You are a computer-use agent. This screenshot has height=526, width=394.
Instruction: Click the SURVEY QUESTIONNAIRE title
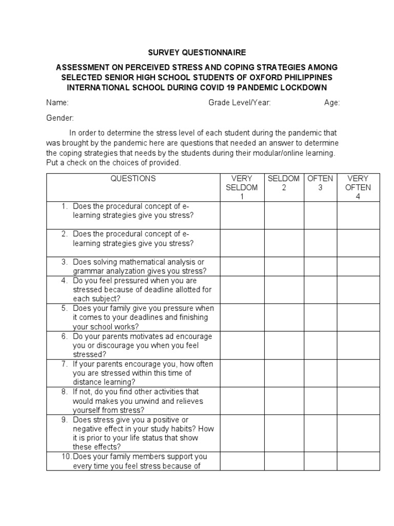pos(197,52)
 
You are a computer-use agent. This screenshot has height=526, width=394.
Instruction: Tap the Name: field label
pos(57,103)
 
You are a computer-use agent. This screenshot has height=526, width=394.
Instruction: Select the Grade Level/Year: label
pos(239,103)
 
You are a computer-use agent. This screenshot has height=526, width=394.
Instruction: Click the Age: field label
pos(332,103)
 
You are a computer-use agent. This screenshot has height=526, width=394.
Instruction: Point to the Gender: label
pos(60,118)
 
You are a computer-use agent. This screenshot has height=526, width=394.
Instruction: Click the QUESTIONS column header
pos(133,179)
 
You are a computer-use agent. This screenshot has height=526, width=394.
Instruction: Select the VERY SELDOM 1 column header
pos(242,187)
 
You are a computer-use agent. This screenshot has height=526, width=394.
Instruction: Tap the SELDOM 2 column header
pos(284,183)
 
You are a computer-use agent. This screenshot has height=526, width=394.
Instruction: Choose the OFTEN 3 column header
pos(320,183)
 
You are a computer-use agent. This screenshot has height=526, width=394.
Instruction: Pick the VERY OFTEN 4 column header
pos(358,187)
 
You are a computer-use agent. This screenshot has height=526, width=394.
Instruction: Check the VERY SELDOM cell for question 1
pos(242,215)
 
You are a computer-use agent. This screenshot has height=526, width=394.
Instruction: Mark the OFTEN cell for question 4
pos(320,290)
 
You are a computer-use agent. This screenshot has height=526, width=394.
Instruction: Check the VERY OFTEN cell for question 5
pos(358,317)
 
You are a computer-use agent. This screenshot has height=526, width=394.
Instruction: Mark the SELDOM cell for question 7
pos(284,373)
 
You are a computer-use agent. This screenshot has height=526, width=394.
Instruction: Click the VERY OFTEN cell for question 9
pos(358,433)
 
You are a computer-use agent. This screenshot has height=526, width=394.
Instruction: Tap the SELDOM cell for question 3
pos(284,267)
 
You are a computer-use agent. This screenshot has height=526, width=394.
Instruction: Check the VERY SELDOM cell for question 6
pos(242,345)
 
